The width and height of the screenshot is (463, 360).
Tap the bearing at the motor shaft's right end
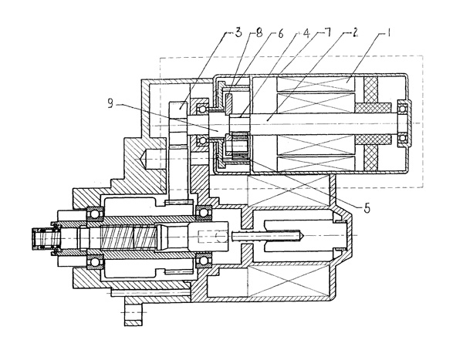[x=402, y=123]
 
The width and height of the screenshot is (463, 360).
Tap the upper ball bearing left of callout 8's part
[x=203, y=106]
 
